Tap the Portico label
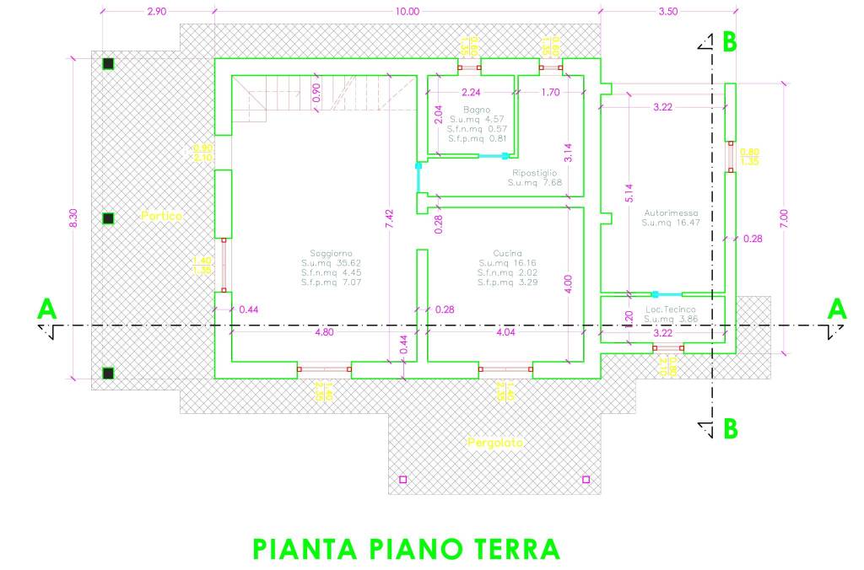[x=161, y=216]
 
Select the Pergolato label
[x=495, y=442]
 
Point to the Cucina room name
[x=508, y=253]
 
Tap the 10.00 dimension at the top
[x=407, y=11]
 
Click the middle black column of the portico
[x=108, y=218]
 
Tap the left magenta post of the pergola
[x=402, y=480]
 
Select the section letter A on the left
[x=46, y=310]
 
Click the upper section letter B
[x=729, y=42]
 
